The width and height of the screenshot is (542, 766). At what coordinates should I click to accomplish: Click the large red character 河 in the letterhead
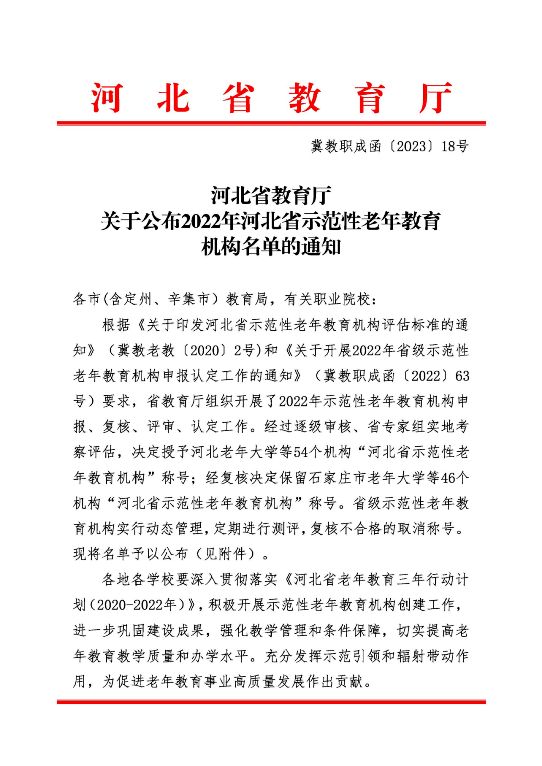click(107, 98)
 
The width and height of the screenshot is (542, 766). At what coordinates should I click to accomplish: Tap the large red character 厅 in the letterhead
click(435, 98)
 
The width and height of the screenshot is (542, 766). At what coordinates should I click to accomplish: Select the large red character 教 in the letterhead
click(304, 98)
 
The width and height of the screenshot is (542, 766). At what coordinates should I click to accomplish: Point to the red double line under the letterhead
click(271, 123)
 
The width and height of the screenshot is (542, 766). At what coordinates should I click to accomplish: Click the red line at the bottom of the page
click(271, 702)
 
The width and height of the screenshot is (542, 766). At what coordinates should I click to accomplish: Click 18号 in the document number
click(455, 146)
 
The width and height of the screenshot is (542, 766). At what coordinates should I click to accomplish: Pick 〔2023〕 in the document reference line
click(411, 146)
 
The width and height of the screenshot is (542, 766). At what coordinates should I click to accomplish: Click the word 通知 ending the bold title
click(321, 247)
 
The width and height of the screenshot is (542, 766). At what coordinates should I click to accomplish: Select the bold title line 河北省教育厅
click(271, 196)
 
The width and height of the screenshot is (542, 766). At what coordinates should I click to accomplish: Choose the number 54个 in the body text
click(307, 452)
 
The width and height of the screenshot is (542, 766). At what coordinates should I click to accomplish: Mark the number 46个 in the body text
click(455, 478)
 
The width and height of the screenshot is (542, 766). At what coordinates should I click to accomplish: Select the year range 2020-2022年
click(137, 605)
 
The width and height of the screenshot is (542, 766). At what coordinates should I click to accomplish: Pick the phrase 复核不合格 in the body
click(346, 528)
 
